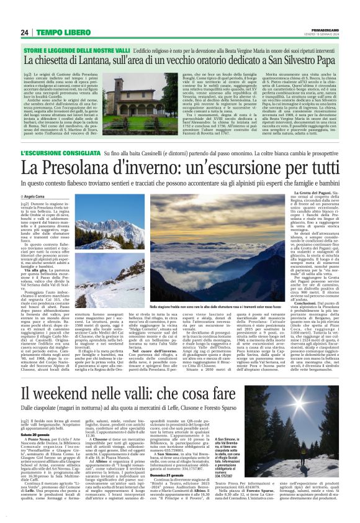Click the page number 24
25,32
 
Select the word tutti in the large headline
314,168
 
